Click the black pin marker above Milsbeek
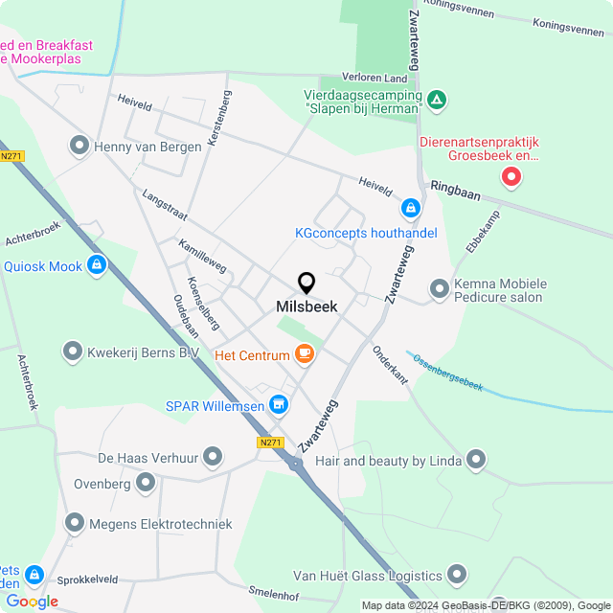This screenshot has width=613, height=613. click(x=306, y=283)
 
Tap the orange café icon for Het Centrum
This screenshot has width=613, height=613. click(x=305, y=354)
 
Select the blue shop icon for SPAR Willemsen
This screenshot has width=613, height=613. click(x=280, y=405)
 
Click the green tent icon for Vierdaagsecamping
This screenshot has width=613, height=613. click(x=437, y=99)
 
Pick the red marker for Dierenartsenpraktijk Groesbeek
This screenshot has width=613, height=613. click(x=512, y=176)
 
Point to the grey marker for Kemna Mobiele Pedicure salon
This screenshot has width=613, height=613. click(x=439, y=288)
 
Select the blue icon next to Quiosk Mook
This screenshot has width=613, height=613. click(x=97, y=264)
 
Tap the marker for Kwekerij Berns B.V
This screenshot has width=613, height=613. click(x=73, y=352)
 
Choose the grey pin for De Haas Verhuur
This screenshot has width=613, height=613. click(x=213, y=456)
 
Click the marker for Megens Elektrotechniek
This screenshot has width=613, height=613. click(x=75, y=523)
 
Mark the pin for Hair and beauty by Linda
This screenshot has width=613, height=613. click(x=475, y=462)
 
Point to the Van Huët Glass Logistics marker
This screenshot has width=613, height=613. click(x=457, y=575)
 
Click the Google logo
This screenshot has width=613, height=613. click(x=32, y=602)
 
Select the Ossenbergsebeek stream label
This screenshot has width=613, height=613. click(x=448, y=372)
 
